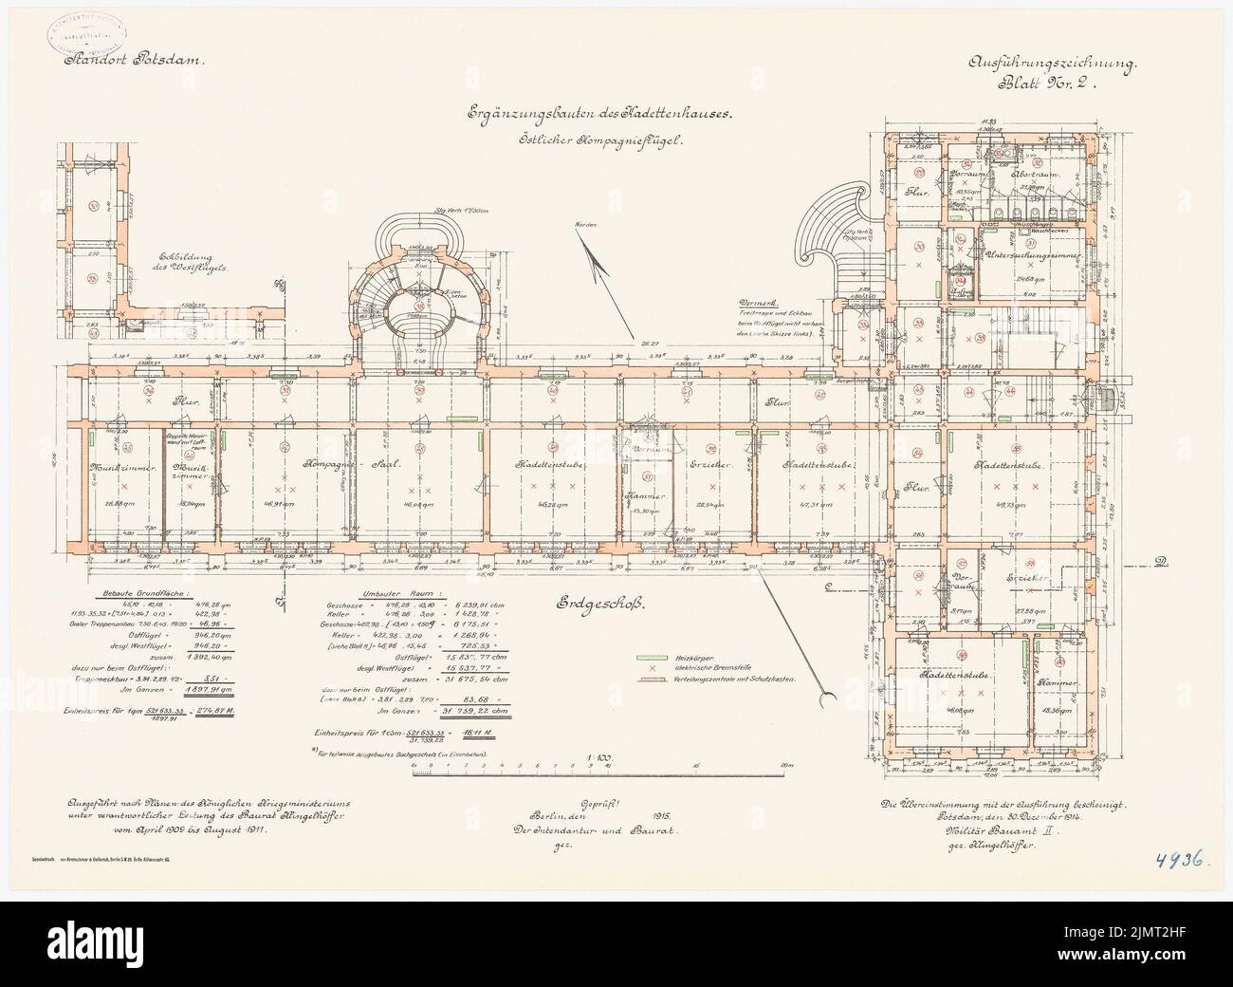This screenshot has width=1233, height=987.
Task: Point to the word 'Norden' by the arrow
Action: click(585, 226)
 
